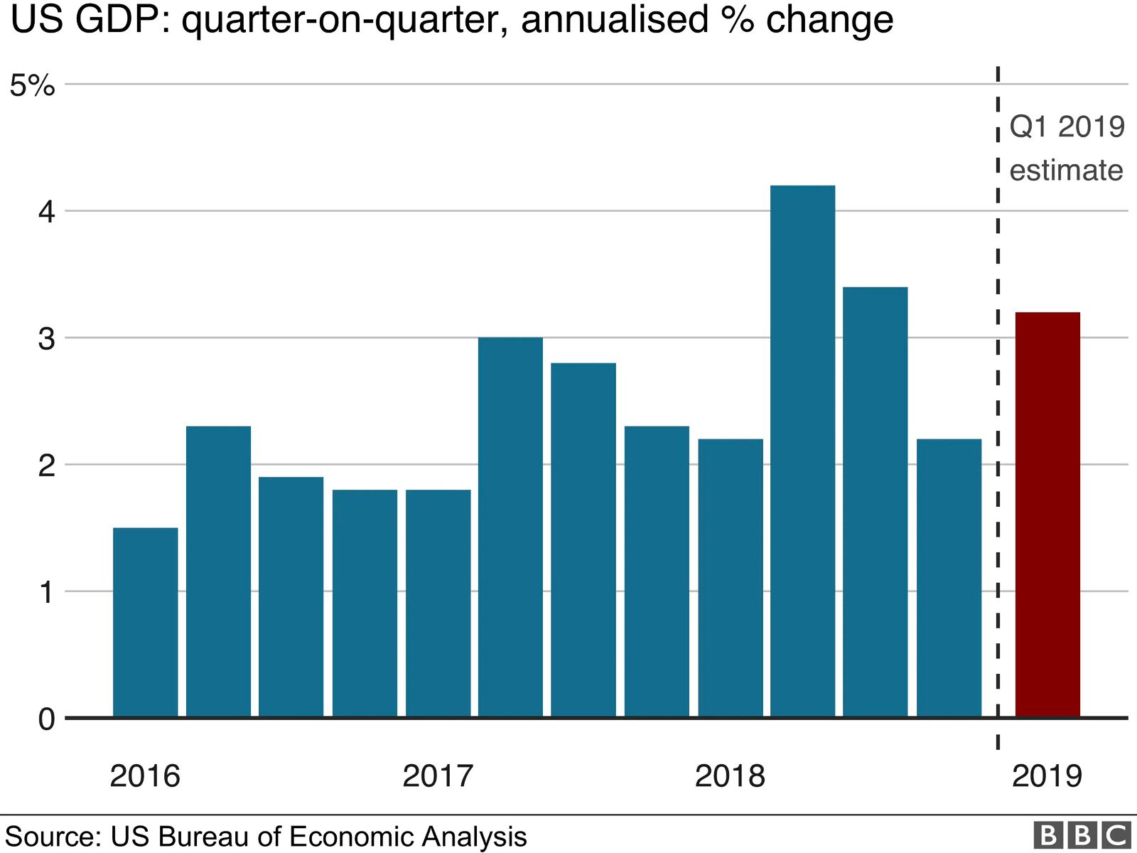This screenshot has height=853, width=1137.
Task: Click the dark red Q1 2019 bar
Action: [x=1047, y=515]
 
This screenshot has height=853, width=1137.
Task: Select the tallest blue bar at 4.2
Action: [x=802, y=451]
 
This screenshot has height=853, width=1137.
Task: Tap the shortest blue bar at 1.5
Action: [x=145, y=623]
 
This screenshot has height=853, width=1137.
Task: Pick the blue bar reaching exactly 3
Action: [x=510, y=527]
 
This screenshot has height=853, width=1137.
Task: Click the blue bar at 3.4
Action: [x=875, y=502]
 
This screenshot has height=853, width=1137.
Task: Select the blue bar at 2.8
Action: [x=583, y=540]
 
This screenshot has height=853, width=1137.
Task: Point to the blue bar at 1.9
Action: [x=291, y=597]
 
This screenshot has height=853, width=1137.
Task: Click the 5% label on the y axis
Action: [x=33, y=85]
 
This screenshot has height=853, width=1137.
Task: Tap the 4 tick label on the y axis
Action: [x=46, y=212]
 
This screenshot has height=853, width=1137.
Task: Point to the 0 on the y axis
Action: [x=46, y=719]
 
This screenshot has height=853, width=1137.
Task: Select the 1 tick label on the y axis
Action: [x=46, y=592]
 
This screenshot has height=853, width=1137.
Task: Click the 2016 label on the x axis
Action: [x=145, y=776]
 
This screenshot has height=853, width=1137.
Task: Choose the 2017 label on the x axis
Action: [x=438, y=776]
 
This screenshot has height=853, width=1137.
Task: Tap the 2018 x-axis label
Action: [x=730, y=776]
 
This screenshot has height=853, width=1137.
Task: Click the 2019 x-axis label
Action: [x=1047, y=776]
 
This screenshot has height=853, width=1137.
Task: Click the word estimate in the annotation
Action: [x=1066, y=171]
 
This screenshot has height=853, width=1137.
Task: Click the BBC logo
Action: [x=1082, y=835]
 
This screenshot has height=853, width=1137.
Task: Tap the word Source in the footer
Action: [x=52, y=837]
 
